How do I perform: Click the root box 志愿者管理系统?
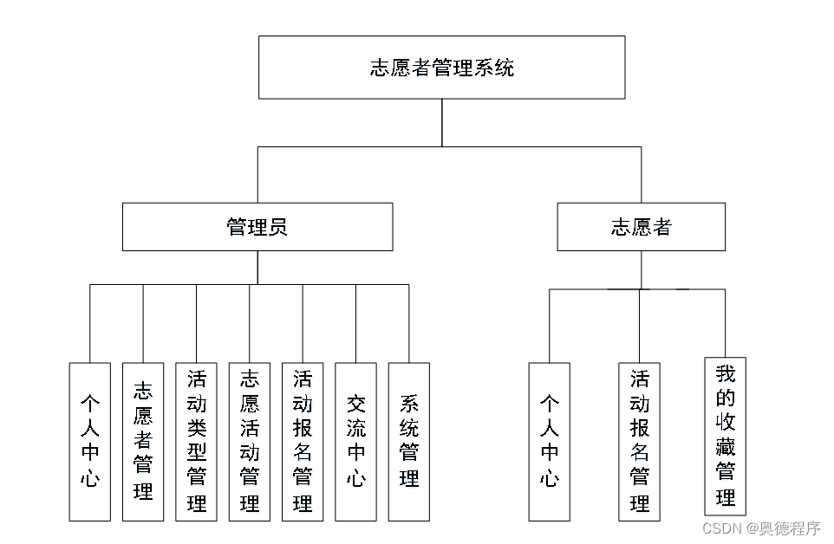[441, 68]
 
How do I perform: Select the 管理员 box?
[257, 227]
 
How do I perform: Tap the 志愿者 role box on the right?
[641, 227]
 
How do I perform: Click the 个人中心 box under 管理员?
[90, 442]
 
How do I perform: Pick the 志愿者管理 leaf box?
[143, 442]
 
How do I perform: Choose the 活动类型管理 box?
[196, 442]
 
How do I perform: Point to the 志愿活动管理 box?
[250, 442]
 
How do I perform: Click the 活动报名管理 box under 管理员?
[303, 442]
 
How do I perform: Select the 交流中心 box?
[355, 442]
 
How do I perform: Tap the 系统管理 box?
[409, 442]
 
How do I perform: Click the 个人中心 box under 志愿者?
[550, 442]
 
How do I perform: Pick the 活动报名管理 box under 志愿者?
[640, 442]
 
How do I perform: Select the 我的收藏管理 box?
[726, 437]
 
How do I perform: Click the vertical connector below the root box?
[442, 122]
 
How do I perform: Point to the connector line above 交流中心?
[355, 324]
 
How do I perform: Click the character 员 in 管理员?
[277, 227]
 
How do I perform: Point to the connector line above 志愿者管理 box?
[143, 324]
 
